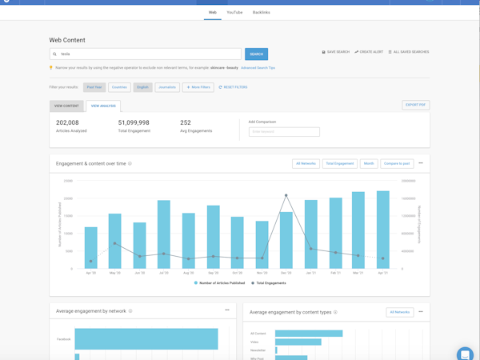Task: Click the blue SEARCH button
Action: pos(256,54)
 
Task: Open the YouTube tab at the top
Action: pos(234,13)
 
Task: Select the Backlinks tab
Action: pos(261,13)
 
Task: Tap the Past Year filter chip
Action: pos(94,87)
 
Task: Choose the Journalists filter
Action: pos(167,87)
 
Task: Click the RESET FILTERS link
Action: pos(233,87)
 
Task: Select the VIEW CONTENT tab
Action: pos(66,106)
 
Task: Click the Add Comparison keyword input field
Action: pos(284,131)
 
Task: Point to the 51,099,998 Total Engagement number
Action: pos(134,123)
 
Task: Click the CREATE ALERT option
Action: pos(369,52)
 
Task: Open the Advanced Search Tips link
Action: pos(258,68)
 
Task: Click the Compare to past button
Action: pos(397,163)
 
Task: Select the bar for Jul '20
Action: pos(164,234)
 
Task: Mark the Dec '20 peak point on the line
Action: pos(286,195)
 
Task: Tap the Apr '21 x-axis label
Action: pos(382,273)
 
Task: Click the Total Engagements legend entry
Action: pos(270,283)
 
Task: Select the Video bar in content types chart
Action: pos(298,342)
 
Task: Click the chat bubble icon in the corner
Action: pos(465,354)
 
